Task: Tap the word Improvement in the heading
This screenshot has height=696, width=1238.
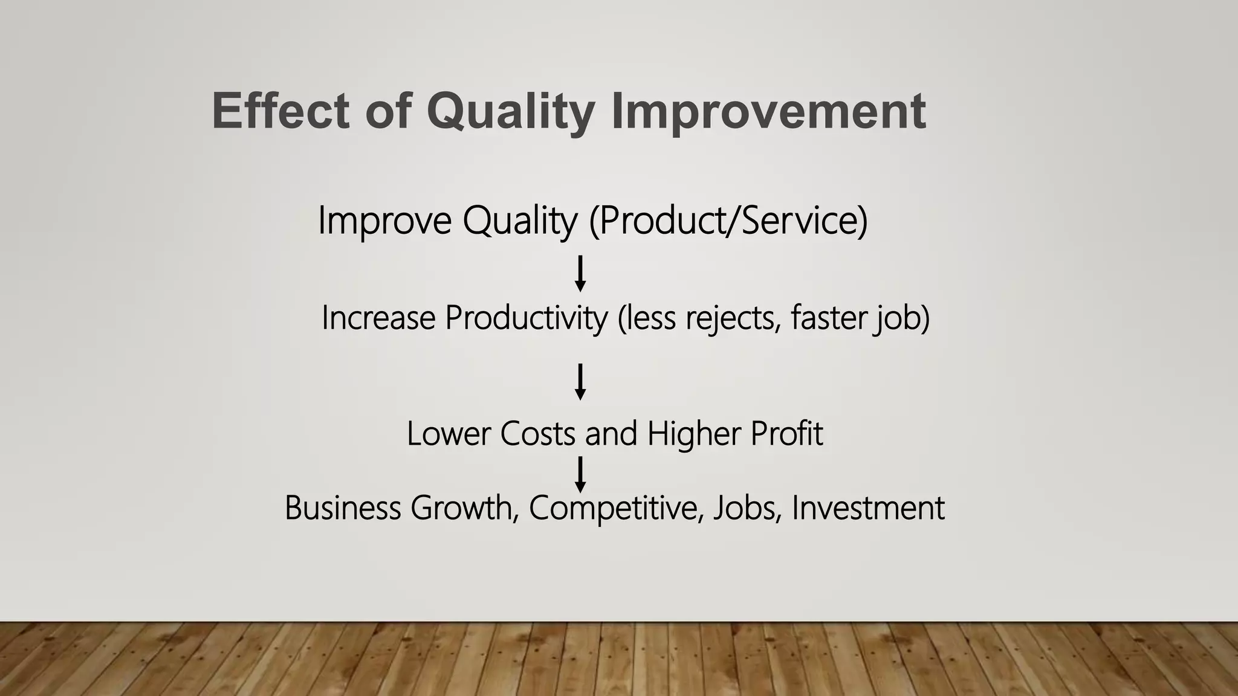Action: (768, 111)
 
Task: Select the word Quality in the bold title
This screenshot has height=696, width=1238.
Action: (511, 111)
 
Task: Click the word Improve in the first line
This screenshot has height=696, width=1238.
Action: (384, 221)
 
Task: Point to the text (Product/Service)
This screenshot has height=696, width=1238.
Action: (728, 221)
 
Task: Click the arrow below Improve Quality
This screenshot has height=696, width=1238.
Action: (580, 274)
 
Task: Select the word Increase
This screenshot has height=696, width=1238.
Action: (378, 318)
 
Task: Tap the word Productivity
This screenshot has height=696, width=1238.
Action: (526, 318)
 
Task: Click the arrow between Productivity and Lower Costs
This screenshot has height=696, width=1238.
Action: (580, 382)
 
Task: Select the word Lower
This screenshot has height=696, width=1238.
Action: (448, 434)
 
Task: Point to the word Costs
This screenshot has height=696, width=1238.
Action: (537, 434)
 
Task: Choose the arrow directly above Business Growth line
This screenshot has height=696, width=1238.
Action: (580, 474)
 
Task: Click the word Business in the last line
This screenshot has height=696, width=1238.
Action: (343, 507)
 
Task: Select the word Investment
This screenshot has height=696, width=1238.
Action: (868, 507)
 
